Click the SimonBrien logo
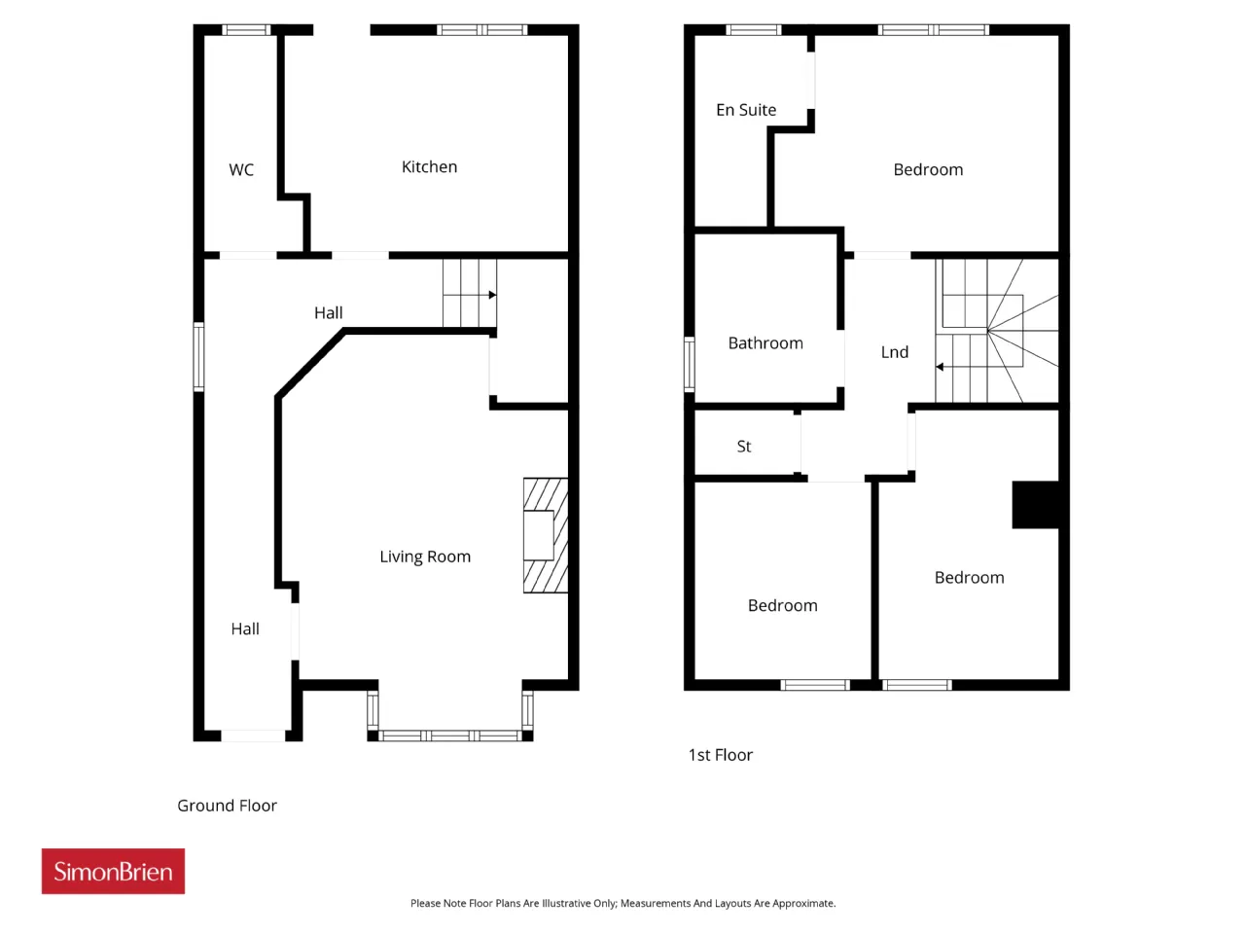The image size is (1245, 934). click(113, 871)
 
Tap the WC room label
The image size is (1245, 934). click(241, 169)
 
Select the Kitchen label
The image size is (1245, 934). click(429, 166)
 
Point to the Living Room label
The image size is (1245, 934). click(425, 557)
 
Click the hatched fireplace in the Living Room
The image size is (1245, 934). click(546, 535)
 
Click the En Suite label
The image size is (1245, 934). click(746, 110)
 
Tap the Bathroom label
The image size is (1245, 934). click(765, 343)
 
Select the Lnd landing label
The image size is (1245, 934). click(895, 352)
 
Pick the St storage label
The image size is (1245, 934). click(744, 447)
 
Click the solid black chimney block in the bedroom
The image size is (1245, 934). click(1036, 505)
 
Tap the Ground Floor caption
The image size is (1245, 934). click(227, 806)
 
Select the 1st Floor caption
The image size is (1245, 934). click(721, 755)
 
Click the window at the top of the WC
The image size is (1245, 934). click(246, 30)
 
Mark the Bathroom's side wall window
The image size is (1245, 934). click(690, 364)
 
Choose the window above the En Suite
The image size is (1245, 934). click(753, 30)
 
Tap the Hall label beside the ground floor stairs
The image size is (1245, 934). click(329, 312)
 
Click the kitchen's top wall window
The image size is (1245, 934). click(482, 30)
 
